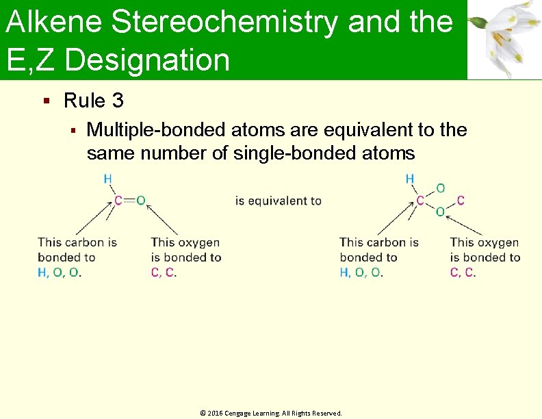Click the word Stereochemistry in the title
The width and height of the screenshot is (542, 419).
pos(224,23)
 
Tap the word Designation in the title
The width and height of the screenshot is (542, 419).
pos(148,60)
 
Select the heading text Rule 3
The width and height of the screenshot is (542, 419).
pos(93,101)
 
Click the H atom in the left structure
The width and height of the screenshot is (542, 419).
pos(108,179)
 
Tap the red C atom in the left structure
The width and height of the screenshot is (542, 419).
pos(118,201)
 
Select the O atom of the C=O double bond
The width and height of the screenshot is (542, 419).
pos(140,201)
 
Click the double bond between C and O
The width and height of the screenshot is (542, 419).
pos(129,201)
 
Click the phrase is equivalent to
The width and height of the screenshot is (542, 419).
pos(278,201)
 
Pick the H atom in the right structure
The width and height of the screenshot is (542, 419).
pos(410,179)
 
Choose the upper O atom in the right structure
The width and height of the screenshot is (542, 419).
pos(440,188)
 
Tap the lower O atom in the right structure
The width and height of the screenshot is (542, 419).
pos(440,212)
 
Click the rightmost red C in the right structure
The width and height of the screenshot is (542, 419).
pos(461,201)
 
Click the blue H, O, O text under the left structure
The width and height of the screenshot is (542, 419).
pos(60,272)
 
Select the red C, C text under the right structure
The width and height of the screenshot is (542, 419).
pos(463,272)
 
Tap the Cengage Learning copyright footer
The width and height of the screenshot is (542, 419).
pos(270,414)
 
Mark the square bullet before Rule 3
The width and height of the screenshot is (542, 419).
pos(46,101)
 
